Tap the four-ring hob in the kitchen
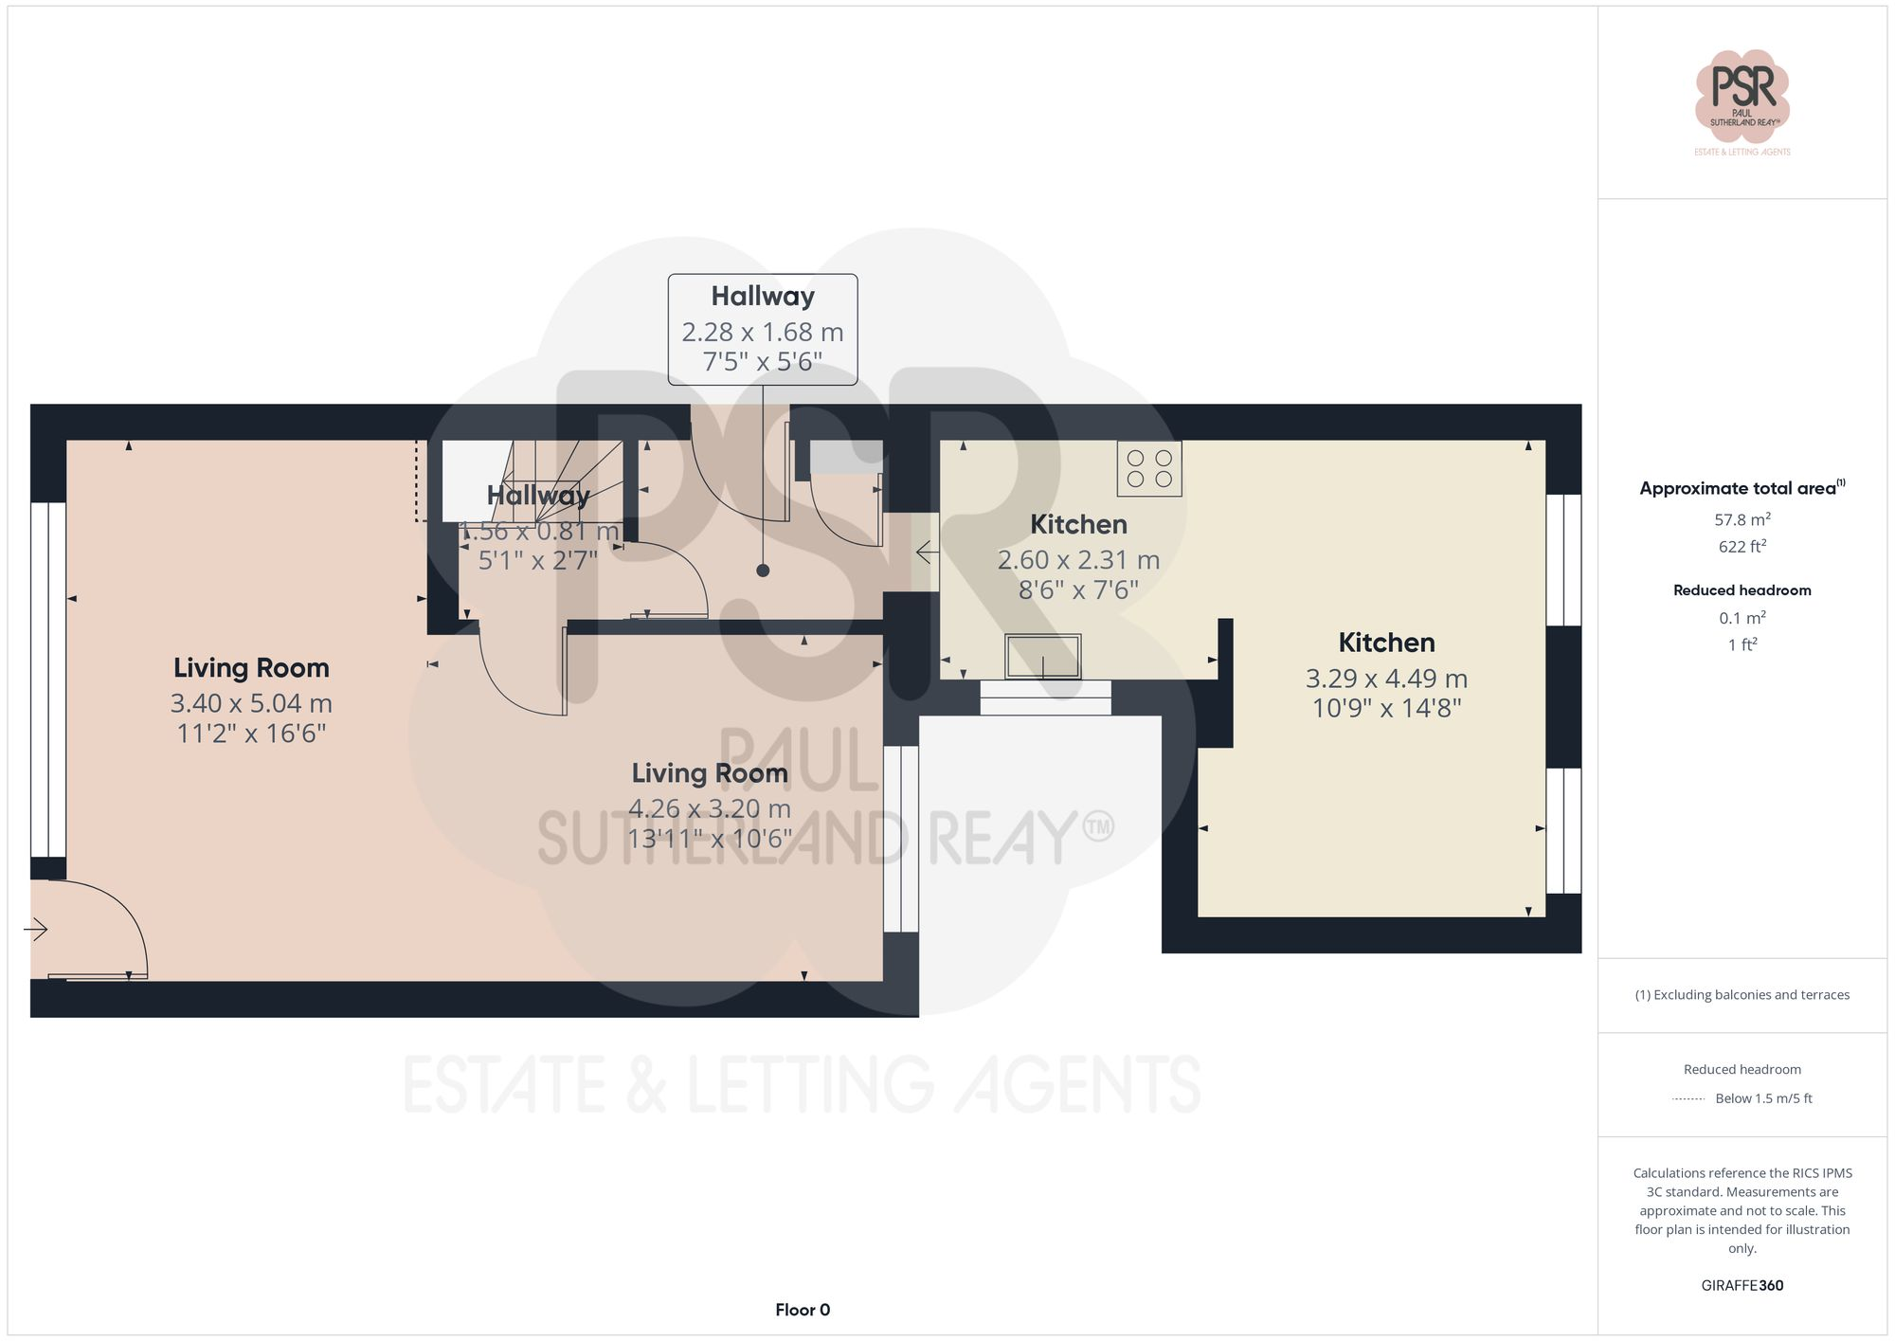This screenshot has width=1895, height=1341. pyautogui.click(x=1148, y=468)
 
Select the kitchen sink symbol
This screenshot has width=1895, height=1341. pyautogui.click(x=1042, y=656)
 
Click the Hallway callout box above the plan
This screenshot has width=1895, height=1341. pyautogui.click(x=763, y=329)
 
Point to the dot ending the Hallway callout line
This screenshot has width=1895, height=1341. pyautogui.click(x=763, y=571)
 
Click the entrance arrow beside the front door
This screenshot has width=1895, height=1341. pyautogui.click(x=36, y=929)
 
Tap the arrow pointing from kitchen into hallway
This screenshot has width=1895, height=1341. pyautogui.click(x=927, y=551)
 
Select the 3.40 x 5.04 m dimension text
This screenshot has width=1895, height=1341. pyautogui.click(x=251, y=703)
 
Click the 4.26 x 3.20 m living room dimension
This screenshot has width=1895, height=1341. pyautogui.click(x=710, y=808)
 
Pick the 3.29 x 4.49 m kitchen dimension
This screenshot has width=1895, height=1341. pyautogui.click(x=1386, y=679)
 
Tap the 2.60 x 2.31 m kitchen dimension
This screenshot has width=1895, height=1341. pyautogui.click(x=1078, y=560)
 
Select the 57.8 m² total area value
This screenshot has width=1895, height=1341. pyautogui.click(x=1742, y=519)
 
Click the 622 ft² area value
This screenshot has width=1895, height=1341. pyautogui.click(x=1742, y=547)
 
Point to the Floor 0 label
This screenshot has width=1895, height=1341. pyautogui.click(x=803, y=1310)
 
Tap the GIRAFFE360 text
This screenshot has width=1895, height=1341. pyautogui.click(x=1742, y=1285)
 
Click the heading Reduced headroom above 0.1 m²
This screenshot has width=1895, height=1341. pyautogui.click(x=1742, y=590)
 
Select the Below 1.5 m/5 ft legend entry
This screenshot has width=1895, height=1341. pyautogui.click(x=1762, y=1098)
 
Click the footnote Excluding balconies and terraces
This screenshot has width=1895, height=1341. pyautogui.click(x=1742, y=995)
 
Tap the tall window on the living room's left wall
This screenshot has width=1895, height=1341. pyautogui.click(x=47, y=679)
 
